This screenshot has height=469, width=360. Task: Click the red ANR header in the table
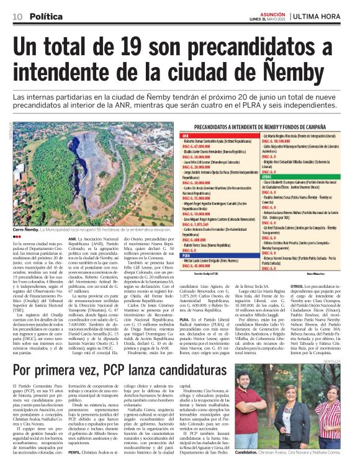184,135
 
